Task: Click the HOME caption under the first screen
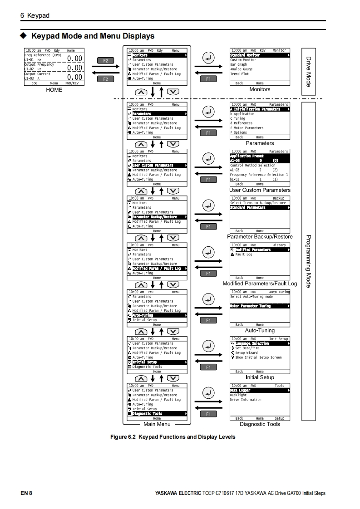click(54, 90)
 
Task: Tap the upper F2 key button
click(105, 60)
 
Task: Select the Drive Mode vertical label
click(309, 71)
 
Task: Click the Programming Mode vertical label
click(309, 261)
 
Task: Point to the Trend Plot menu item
click(239, 74)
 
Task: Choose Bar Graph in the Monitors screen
click(239, 64)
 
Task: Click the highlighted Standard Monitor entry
click(245, 55)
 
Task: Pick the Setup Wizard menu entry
click(246, 353)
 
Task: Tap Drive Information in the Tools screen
click(246, 400)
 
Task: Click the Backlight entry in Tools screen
click(238, 395)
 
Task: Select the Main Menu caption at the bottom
click(157, 424)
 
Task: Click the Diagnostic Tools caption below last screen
click(260, 424)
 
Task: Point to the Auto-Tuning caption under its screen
click(260, 331)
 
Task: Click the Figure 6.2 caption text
click(173, 437)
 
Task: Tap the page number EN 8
click(26, 493)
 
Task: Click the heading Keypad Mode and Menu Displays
click(93, 36)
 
